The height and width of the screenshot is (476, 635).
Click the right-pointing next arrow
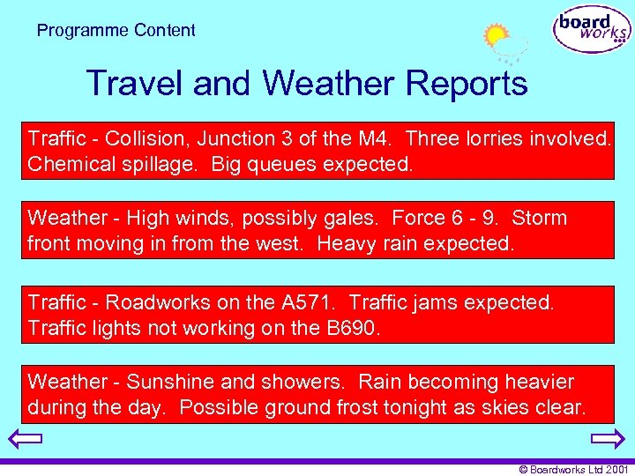tap(608, 439)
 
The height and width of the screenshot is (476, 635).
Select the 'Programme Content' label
tap(116, 31)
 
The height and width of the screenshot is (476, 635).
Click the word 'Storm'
tap(539, 218)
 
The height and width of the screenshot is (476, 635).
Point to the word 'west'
tap(285, 243)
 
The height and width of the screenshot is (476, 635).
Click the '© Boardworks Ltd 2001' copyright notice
tap(574, 470)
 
